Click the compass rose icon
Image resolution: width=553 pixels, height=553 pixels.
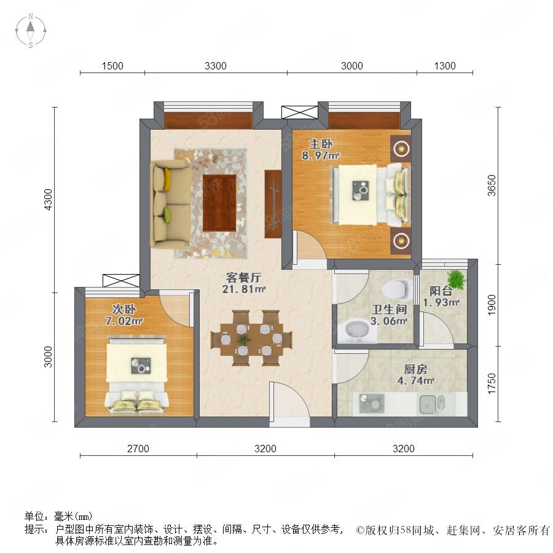pyautogui.click(x=31, y=30)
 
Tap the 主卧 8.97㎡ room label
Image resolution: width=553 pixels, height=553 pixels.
pyautogui.click(x=321, y=149)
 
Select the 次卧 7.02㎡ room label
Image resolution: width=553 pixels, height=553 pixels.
pyautogui.click(x=124, y=315)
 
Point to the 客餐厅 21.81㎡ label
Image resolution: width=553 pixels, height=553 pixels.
pyautogui.click(x=243, y=283)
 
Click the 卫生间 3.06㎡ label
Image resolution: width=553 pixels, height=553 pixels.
pyautogui.click(x=389, y=315)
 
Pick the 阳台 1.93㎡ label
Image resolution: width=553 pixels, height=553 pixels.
pyautogui.click(x=441, y=297)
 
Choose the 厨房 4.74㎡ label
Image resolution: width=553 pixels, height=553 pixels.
pyautogui.click(x=415, y=375)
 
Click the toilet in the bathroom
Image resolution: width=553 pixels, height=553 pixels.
pyautogui.click(x=397, y=289)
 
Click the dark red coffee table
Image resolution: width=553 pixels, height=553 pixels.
pyautogui.click(x=219, y=203)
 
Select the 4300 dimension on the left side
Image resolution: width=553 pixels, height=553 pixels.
pyautogui.click(x=48, y=200)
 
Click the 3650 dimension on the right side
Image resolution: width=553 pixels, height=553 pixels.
pyautogui.click(x=492, y=186)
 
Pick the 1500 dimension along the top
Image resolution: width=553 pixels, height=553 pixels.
pyautogui.click(x=112, y=66)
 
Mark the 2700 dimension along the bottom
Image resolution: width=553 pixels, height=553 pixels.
pyautogui.click(x=138, y=449)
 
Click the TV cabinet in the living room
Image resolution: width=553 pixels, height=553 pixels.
pyautogui.click(x=273, y=204)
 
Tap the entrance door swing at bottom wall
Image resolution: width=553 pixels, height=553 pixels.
pyautogui.click(x=289, y=402)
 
